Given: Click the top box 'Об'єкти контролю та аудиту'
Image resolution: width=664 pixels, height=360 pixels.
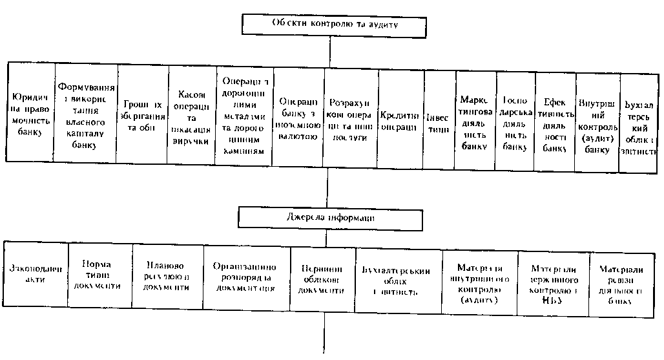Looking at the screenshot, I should [x=334, y=25].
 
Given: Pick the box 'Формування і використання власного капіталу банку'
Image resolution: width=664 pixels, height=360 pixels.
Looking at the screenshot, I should [x=86, y=115].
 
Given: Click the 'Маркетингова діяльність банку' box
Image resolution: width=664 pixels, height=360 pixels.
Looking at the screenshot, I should [x=476, y=122].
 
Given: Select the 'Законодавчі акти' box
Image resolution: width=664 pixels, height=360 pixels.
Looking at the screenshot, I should [x=36, y=273].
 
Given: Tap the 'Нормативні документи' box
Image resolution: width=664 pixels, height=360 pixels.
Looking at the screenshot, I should [x=99, y=275].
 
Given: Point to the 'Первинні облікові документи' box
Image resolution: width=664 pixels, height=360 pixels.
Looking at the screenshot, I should [x=322, y=280].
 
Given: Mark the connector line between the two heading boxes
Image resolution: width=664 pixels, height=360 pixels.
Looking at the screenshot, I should [x=328, y=187].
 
